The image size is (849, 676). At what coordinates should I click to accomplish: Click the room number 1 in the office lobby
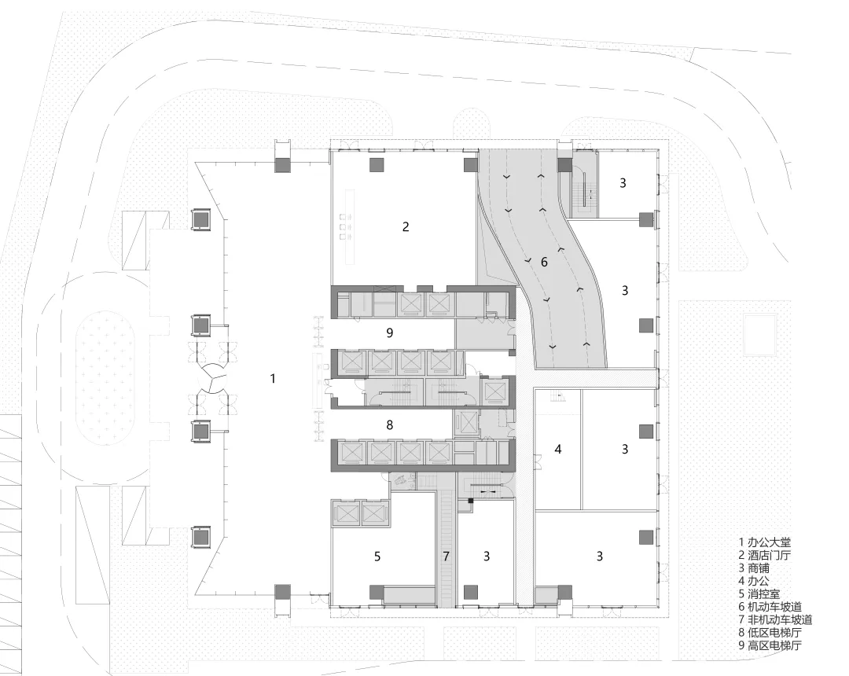point(273,378)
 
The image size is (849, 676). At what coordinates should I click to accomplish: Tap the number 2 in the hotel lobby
point(406,227)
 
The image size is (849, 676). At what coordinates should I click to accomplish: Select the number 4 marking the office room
point(558,449)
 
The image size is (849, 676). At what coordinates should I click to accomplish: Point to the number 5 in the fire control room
point(377,556)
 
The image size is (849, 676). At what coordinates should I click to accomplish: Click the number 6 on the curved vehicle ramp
point(544,262)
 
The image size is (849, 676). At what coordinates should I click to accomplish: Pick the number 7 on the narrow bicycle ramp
point(447,556)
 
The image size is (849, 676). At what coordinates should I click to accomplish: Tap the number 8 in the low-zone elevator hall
point(389,425)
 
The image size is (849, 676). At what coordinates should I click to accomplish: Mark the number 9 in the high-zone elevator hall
point(389,332)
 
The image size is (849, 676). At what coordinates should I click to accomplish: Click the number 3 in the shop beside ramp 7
point(487,556)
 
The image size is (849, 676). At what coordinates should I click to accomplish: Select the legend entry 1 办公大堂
point(765,542)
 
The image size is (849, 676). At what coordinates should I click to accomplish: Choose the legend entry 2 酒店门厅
point(765,555)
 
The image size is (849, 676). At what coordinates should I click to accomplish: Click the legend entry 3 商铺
point(754,568)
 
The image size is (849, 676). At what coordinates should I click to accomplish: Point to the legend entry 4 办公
point(754,581)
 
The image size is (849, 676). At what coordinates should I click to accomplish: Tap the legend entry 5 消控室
point(759,593)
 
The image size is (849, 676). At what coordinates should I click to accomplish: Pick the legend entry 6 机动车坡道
point(770,607)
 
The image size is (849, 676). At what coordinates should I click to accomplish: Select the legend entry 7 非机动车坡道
point(775,619)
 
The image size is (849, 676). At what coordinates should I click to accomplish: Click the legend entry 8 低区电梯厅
point(770,633)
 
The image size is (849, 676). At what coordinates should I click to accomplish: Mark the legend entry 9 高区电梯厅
point(770,645)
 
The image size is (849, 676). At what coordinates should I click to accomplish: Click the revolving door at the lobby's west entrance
point(211,378)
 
